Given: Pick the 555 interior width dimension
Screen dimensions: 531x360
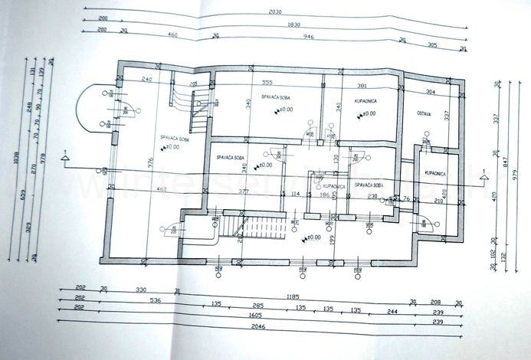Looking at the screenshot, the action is pyautogui.click(x=267, y=82).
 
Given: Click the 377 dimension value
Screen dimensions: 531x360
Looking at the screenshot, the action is pyautogui.click(x=240, y=191).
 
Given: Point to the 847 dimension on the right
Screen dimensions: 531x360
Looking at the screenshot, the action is pyautogui.click(x=506, y=163).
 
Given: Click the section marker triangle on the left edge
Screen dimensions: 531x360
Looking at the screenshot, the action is pyautogui.click(x=67, y=159).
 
